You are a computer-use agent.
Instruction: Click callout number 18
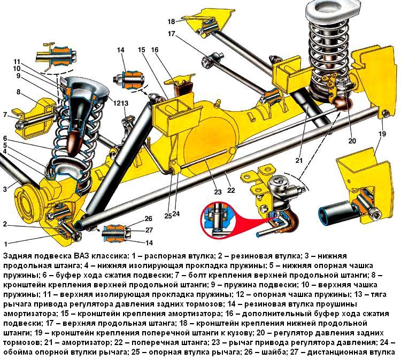[x=171, y=21]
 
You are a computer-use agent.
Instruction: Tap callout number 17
[x=171, y=34]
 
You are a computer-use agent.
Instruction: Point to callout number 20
[x=352, y=141]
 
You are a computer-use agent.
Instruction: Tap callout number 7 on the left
[x=5, y=115]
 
